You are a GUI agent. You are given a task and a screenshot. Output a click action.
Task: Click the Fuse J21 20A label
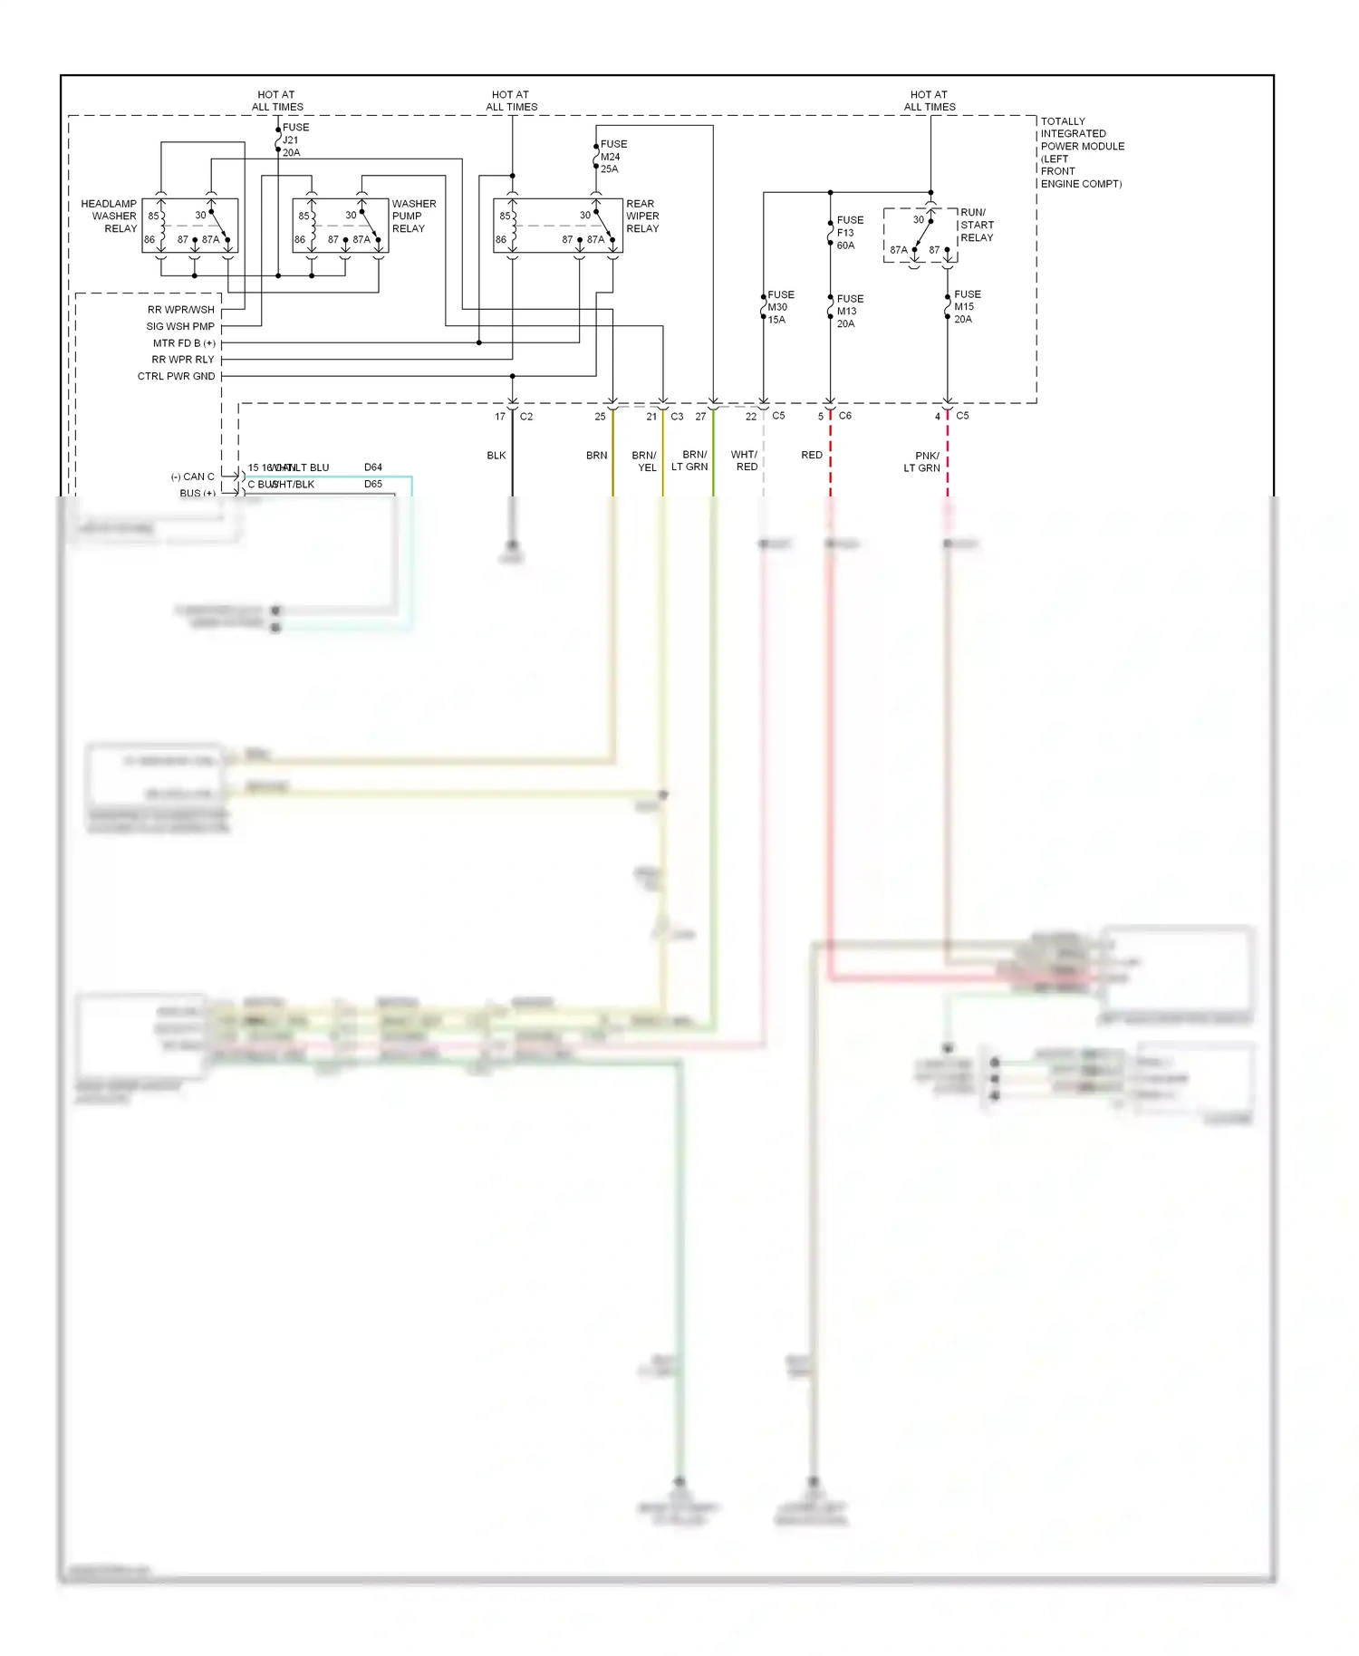pyautogui.click(x=294, y=140)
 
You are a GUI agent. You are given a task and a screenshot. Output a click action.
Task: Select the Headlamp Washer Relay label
pyautogui.click(x=110, y=217)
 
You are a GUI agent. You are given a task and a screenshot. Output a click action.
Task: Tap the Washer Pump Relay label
pyautogui.click(x=413, y=217)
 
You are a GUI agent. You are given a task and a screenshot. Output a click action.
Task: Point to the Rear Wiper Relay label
pyautogui.click(x=641, y=217)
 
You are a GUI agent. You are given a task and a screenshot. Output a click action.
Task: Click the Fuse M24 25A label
pyautogui.click(x=612, y=157)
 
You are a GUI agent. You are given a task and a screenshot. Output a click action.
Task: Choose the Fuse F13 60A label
pyautogui.click(x=849, y=233)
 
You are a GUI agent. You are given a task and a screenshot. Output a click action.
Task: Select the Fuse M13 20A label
pyautogui.click(x=849, y=311)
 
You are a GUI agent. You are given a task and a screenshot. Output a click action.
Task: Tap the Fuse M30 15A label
pyautogui.click(x=779, y=307)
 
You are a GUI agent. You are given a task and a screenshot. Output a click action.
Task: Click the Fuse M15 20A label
pyautogui.click(x=966, y=307)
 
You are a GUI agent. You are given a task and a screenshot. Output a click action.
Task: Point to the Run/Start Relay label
pyautogui.click(x=976, y=226)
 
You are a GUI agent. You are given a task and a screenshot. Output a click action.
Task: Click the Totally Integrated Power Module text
pyautogui.click(x=1081, y=152)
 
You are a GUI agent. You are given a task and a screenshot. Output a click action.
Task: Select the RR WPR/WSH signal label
pyautogui.click(x=181, y=310)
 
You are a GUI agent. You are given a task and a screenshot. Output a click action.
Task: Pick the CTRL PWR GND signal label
pyautogui.click(x=177, y=377)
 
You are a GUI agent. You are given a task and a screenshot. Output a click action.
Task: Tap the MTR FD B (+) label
pyautogui.click(x=184, y=343)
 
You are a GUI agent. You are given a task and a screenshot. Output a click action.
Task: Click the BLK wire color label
pyautogui.click(x=496, y=456)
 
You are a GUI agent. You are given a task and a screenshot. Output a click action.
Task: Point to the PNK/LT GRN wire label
pyautogui.click(x=922, y=462)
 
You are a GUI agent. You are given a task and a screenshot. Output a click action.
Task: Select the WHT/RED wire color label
pyautogui.click(x=745, y=461)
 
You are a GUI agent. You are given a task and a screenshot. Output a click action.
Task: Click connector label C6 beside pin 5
pyautogui.click(x=844, y=416)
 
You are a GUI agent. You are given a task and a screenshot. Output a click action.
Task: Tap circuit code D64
pyautogui.click(x=373, y=467)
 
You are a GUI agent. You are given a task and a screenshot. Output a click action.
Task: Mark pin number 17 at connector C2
pyautogui.click(x=500, y=417)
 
